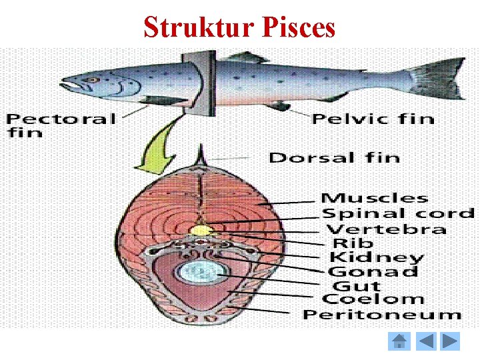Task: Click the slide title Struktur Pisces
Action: [x=239, y=27]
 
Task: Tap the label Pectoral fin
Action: [x=61, y=125]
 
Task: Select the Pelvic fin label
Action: [x=373, y=119]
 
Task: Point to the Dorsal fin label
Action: [x=334, y=158]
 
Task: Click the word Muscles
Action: [x=374, y=197]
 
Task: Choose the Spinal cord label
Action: [x=398, y=213]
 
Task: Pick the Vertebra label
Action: [x=386, y=229]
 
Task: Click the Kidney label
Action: [x=376, y=257]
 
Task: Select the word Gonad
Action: [x=373, y=271]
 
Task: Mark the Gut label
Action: [x=355, y=285]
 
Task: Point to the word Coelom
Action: [x=373, y=299]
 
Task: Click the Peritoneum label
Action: [x=382, y=314]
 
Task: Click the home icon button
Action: [x=399, y=342]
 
